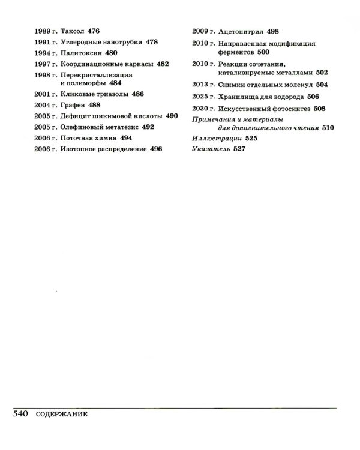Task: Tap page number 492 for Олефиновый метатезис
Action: coord(147,127)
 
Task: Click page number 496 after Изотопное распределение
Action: coord(155,148)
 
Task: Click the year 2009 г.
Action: coord(203,31)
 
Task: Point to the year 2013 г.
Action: coord(203,86)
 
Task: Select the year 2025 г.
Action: coord(203,97)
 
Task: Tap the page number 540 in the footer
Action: coord(22,414)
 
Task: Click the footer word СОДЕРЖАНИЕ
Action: coord(62,415)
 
